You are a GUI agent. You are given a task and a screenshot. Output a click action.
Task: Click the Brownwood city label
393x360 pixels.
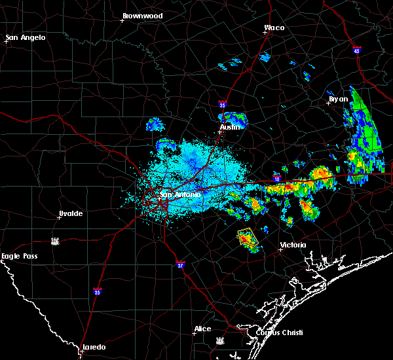tap(143, 15)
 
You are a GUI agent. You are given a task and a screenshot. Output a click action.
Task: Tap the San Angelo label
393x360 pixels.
tap(27, 37)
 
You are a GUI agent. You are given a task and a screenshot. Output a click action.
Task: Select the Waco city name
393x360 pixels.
tap(274, 27)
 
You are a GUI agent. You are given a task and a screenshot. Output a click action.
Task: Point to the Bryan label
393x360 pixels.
tap(338, 99)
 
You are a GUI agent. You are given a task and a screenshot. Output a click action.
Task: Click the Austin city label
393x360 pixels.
tap(231, 127)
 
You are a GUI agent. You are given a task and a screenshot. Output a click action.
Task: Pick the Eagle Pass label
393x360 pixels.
tap(19, 256)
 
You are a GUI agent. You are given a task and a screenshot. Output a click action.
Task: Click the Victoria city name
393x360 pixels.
tap(293, 245)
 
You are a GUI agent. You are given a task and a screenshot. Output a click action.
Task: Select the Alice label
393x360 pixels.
tap(202, 329)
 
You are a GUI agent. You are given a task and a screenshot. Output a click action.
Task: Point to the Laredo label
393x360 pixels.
tap(93, 347)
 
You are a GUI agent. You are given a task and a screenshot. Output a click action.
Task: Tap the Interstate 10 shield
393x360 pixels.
tap(276, 178)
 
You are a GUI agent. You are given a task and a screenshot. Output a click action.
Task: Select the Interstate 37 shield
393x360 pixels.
tap(181, 264)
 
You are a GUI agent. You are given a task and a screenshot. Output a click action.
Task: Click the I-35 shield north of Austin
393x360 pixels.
tap(222, 103)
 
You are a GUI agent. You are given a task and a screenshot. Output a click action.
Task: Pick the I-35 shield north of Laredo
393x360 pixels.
tap(98, 292)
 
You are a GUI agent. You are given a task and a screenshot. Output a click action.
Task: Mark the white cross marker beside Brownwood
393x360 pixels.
tap(122, 20)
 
